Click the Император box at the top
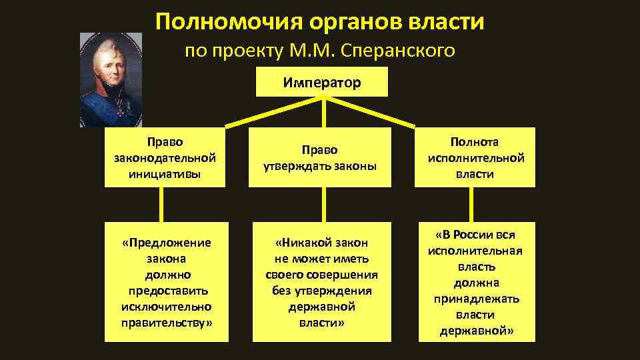[322, 83]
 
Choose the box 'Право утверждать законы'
[323, 158]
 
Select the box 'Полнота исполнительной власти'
[475, 158]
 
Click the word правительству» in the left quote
[166, 323]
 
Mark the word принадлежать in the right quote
[475, 299]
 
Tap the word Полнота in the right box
[475, 142]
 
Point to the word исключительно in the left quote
[166, 307]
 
